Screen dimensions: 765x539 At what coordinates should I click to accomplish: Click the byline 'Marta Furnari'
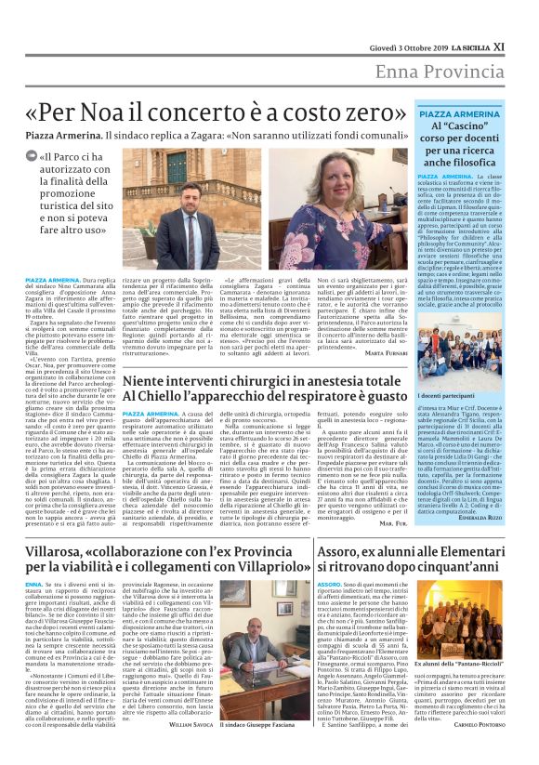[x=357, y=354]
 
